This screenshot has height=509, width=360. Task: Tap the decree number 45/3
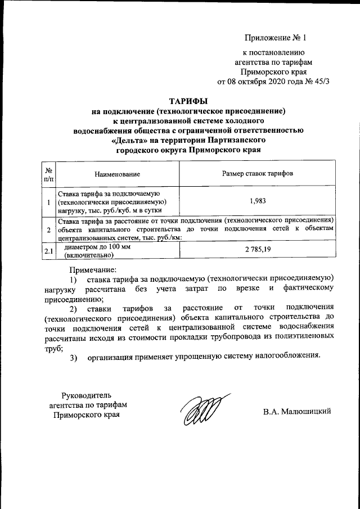[319, 81]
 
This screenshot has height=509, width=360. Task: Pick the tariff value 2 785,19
[257, 249]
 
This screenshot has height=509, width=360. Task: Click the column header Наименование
[118, 175]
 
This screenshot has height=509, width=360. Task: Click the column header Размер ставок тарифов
[257, 174]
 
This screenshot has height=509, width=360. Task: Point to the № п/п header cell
[49, 174]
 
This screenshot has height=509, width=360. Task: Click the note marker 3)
[74, 357]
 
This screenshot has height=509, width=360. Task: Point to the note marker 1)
[74, 279]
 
